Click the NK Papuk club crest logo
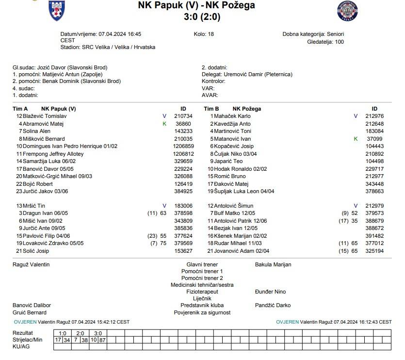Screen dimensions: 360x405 pyautogui.click(x=57, y=11)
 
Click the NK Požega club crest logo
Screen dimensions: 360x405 pyautogui.click(x=347, y=11)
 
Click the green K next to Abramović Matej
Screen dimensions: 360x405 pyautogui.click(x=164, y=124)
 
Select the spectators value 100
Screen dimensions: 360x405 pyautogui.click(x=340, y=42)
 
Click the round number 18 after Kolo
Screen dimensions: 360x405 pyautogui.click(x=211, y=34)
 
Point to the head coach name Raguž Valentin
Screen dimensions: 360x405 pyautogui.click(x=31, y=264)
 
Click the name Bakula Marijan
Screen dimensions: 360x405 pyautogui.click(x=273, y=264)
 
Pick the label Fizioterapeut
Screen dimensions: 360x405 pyautogui.click(x=202, y=292)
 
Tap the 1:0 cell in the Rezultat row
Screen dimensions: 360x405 pyautogui.click(x=62, y=333)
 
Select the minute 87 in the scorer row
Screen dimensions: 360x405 pyautogui.click(x=102, y=340)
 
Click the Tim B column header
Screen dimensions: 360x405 pyautogui.click(x=211, y=109)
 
